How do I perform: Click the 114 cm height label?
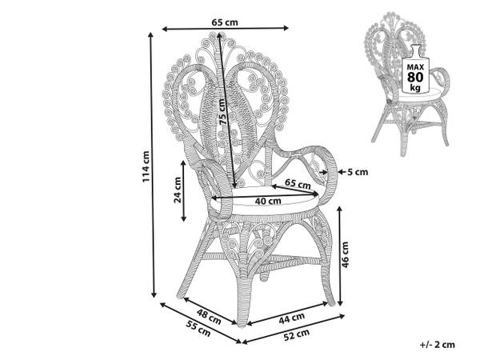tap(146, 167)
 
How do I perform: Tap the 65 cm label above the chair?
tap(225, 22)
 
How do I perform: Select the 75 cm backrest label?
tap(223, 112)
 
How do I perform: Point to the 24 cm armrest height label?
tap(178, 190)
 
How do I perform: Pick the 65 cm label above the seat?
tap(298, 184)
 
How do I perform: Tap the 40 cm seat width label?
tap(268, 201)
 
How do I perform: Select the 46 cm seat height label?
tap(345, 254)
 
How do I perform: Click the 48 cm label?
tap(209, 317)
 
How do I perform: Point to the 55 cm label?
tap(198, 329)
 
